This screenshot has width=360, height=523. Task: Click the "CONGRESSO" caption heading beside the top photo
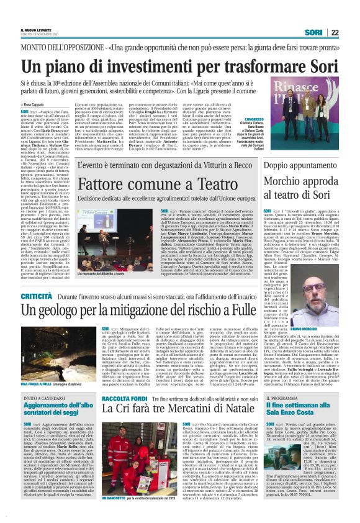tap(255, 119)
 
